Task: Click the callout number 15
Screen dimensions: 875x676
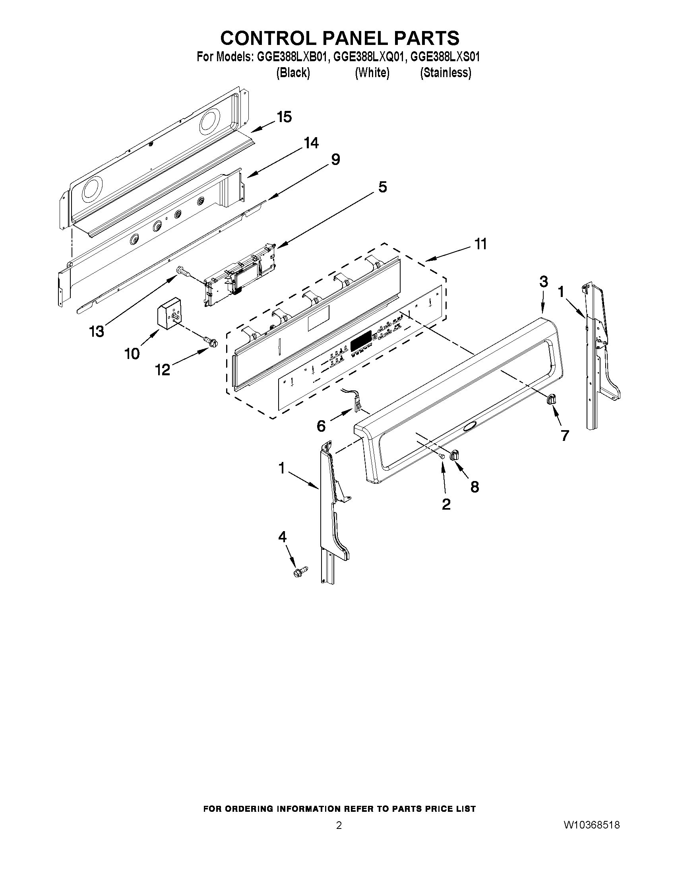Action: (x=284, y=117)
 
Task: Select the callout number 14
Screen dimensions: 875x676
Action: (x=311, y=143)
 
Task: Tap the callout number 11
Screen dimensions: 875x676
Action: (x=480, y=244)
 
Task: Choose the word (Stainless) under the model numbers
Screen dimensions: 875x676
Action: (x=446, y=72)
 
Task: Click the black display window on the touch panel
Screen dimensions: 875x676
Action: (x=361, y=343)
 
